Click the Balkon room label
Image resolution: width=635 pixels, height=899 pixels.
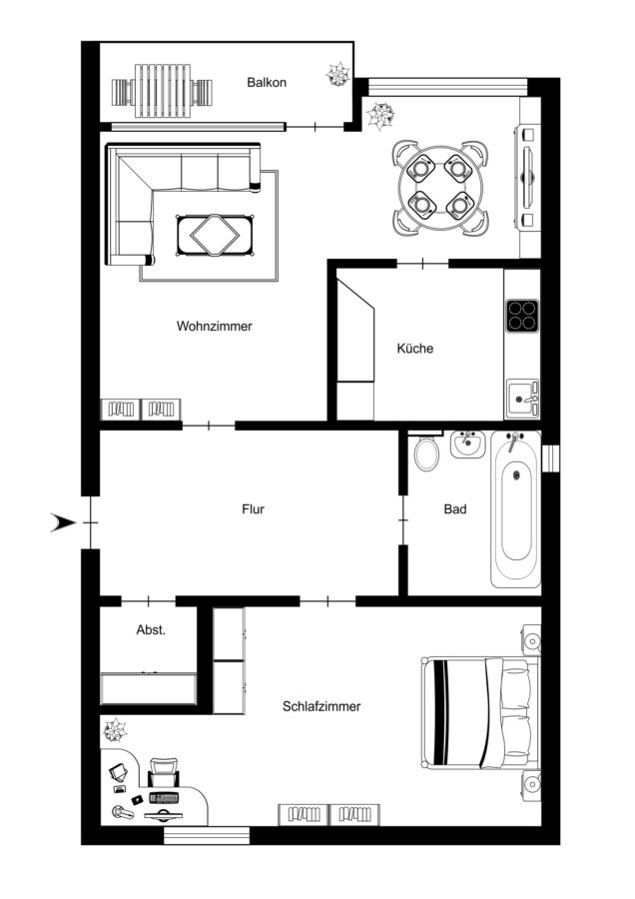[267, 83]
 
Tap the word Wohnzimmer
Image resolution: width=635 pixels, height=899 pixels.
[215, 327]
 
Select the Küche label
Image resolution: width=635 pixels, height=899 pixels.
[415, 348]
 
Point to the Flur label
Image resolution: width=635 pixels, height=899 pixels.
[253, 509]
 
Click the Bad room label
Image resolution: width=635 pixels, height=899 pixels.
[455, 509]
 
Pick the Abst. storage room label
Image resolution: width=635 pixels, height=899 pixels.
[151, 630]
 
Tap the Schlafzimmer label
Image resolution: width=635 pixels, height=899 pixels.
[321, 706]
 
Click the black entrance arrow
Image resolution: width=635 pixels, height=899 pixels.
[63, 522]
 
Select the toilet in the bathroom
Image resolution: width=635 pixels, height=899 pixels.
[427, 452]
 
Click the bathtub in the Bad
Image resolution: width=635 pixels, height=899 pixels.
[516, 509]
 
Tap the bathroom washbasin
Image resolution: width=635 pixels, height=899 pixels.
[467, 445]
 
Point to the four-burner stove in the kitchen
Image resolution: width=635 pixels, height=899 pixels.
[522, 316]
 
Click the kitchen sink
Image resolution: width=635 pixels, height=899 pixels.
[521, 398]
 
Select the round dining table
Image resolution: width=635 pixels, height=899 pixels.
[440, 187]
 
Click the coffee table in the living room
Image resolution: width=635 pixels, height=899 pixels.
[216, 235]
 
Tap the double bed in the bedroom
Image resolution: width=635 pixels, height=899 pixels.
[480, 712]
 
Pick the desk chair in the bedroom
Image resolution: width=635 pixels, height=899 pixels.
[164, 773]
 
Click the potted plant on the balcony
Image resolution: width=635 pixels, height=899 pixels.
[338, 74]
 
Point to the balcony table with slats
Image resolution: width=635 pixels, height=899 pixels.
[162, 91]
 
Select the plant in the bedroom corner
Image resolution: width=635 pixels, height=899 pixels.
[115, 731]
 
